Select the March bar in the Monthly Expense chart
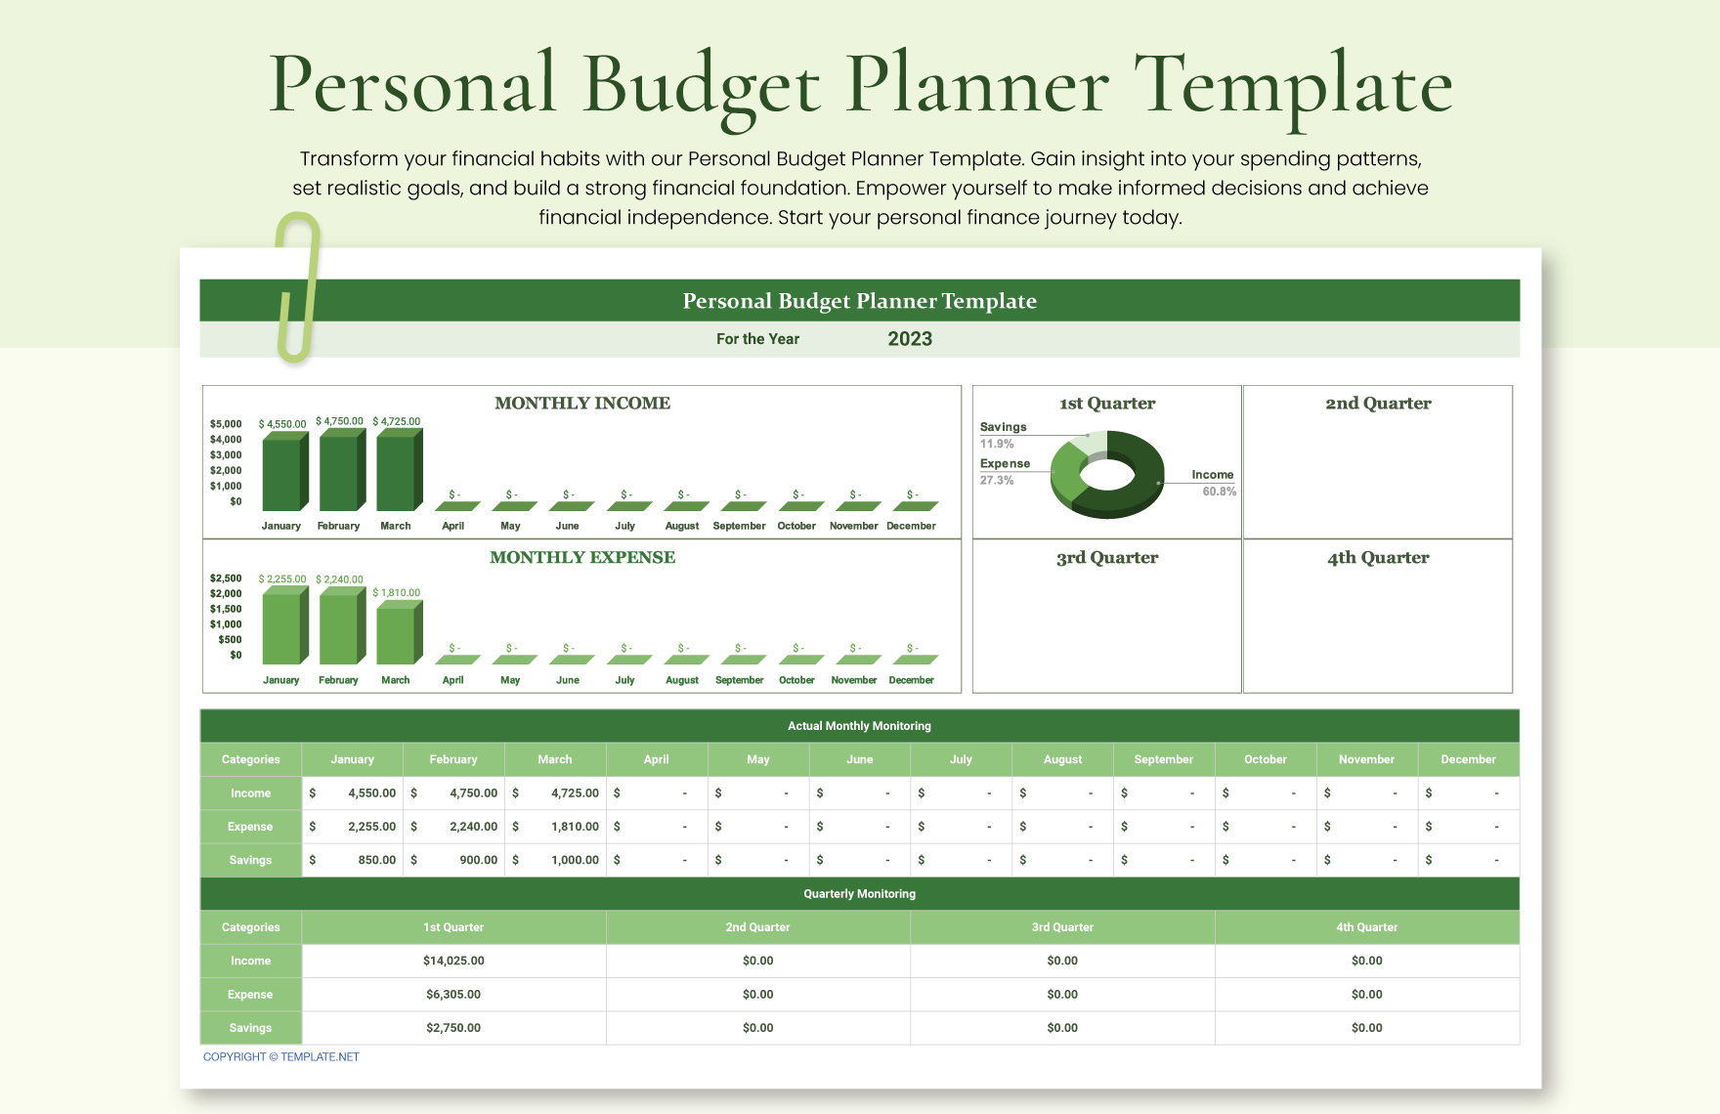pos(397,635)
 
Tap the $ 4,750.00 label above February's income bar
pos(339,421)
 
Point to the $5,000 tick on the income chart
pos(226,424)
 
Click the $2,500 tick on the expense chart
pos(226,578)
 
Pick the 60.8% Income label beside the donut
pos(1219,492)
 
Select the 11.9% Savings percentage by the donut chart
pos(997,444)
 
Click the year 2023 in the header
pos(910,339)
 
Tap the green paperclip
pos(299,288)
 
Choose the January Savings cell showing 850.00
pos(353,860)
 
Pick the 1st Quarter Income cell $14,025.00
pos(453,961)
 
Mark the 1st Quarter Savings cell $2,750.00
pos(453,1028)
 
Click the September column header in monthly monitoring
pos(1163,759)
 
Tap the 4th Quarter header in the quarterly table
pos(1366,927)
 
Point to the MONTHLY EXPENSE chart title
pos(582,558)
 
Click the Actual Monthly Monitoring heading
pos(859,726)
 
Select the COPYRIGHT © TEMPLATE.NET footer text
pos(281,1057)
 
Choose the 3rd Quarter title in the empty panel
pos(1106,558)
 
